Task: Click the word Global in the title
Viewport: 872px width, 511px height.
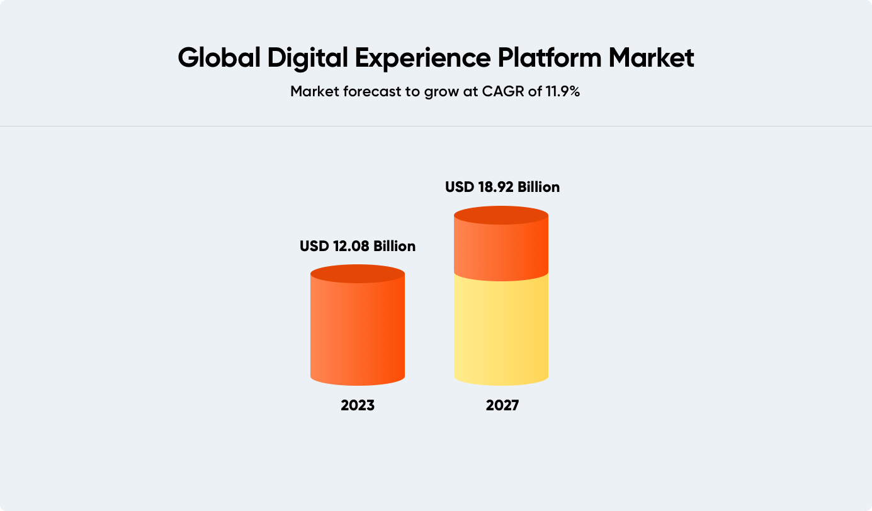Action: [219, 58]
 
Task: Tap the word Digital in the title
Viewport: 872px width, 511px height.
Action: [307, 59]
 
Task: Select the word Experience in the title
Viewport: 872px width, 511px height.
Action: [422, 59]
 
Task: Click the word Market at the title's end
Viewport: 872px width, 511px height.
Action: [651, 58]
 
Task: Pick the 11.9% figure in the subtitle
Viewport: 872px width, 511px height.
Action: [563, 91]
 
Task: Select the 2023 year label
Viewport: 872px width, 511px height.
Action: [358, 405]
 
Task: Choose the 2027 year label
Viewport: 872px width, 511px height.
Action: [502, 405]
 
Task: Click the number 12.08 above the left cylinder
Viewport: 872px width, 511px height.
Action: [351, 246]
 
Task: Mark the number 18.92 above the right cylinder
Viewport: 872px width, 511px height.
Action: [496, 187]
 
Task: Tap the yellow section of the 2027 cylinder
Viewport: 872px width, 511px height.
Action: [501, 331]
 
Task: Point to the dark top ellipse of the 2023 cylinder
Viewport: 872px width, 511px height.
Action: [358, 274]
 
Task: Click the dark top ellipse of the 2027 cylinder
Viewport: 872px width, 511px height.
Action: [501, 215]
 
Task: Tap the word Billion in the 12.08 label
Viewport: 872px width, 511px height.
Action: [394, 246]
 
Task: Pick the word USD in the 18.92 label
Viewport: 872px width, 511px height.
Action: [460, 187]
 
